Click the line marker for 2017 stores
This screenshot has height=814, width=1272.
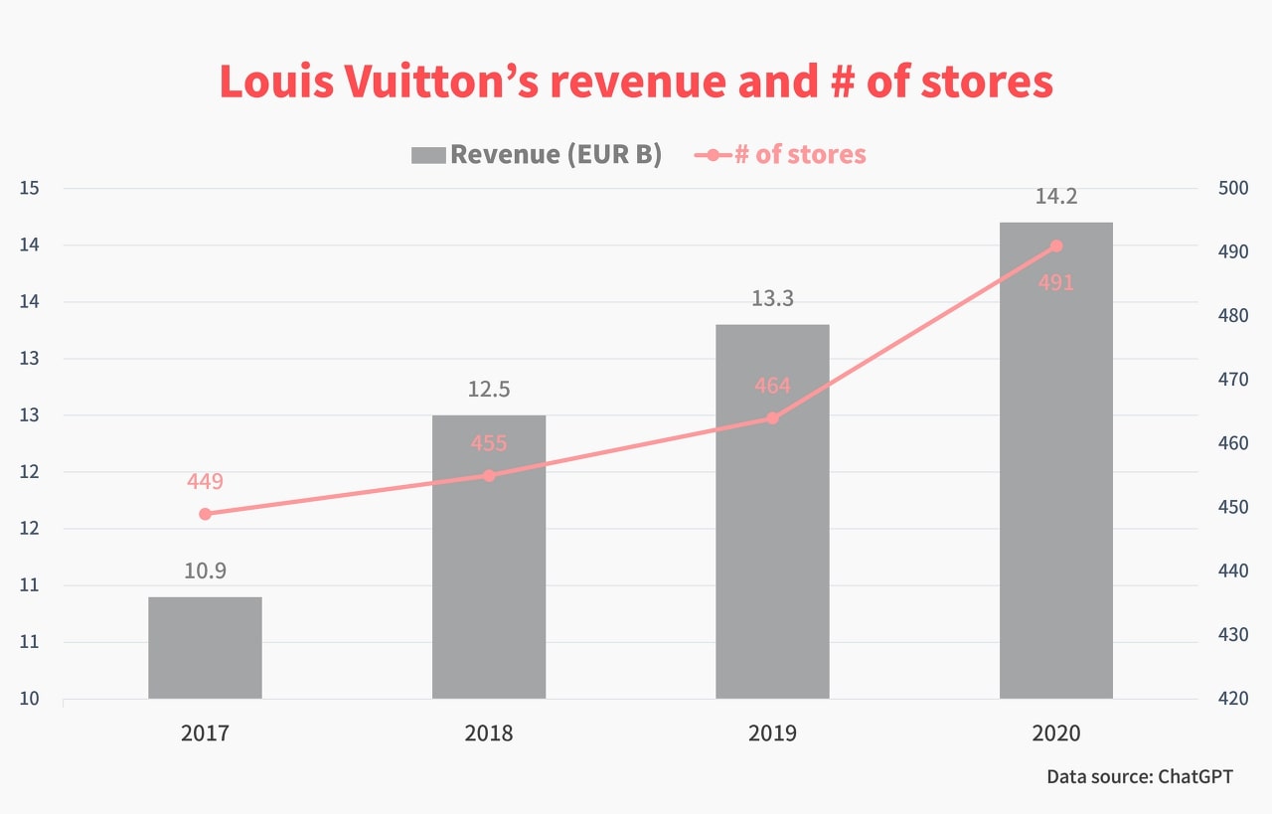(205, 514)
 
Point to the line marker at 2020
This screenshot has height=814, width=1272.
(1055, 246)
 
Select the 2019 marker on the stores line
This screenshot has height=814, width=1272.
(772, 418)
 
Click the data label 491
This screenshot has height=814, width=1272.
(1055, 283)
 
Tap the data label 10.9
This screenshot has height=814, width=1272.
(205, 570)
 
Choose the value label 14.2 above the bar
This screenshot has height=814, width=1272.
(1055, 196)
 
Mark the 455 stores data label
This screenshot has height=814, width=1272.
(489, 443)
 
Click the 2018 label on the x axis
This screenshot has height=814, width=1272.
(489, 733)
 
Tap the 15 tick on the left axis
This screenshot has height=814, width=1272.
(28, 189)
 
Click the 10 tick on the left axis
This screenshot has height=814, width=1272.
(28, 699)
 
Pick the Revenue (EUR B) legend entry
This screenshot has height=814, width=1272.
(537, 155)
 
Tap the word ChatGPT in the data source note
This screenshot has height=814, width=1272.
(1195, 776)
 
